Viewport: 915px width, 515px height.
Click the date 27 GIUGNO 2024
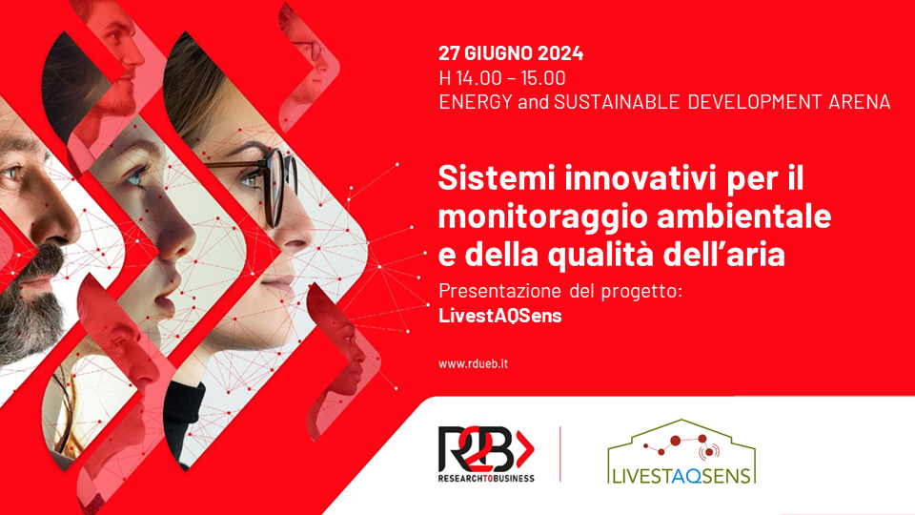(511, 53)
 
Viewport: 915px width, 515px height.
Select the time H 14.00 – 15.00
(502, 78)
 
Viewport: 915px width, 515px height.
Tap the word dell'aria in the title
(730, 255)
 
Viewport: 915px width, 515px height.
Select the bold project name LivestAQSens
(499, 317)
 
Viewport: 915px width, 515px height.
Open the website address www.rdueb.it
(474, 363)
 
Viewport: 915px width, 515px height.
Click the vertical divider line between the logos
(559, 454)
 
